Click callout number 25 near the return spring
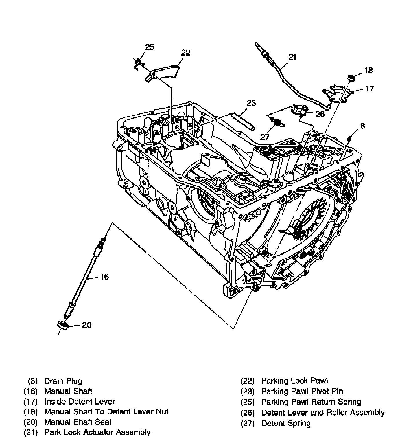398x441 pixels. click(150, 47)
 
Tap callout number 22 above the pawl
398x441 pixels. click(185, 52)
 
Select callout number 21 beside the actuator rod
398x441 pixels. click(292, 57)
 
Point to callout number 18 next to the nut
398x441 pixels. click(368, 70)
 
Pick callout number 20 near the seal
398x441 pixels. click(86, 325)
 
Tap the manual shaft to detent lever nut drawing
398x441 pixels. click(351, 78)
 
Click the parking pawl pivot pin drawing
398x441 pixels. click(243, 122)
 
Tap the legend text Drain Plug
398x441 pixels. click(63, 381)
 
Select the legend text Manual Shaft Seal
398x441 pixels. click(78, 422)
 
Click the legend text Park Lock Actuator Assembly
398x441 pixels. click(97, 432)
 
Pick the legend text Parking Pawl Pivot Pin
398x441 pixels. click(302, 392)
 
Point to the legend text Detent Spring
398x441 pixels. click(286, 423)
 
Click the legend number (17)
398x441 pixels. click(31, 402)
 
